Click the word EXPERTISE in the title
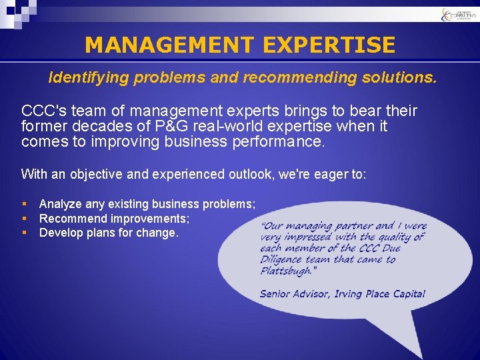coord(329,45)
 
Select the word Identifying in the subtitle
coord(89,78)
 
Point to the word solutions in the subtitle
coord(399,78)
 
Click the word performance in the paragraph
coord(273,142)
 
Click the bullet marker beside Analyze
coord(24,204)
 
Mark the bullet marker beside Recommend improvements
coord(24,219)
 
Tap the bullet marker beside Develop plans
coord(24,233)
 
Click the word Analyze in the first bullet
coord(61,204)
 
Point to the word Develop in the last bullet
coord(61,233)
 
